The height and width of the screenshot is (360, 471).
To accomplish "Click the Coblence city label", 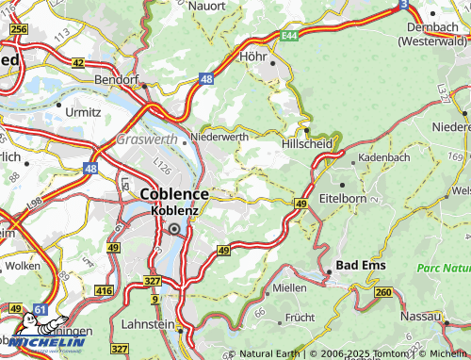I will click(x=174, y=193).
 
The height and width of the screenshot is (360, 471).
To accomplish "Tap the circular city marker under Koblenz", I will click(x=174, y=228).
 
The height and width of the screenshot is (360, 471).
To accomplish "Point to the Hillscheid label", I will click(x=307, y=144).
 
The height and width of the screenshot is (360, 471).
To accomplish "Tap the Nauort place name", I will click(x=206, y=6).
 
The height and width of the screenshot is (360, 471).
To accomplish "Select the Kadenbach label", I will click(x=383, y=157).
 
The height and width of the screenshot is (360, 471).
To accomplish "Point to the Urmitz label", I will click(x=85, y=111).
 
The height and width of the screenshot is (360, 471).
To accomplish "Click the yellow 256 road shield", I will click(x=18, y=30).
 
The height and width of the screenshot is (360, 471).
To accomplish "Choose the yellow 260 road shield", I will click(x=383, y=292).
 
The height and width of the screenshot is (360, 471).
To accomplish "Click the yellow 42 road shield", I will click(x=78, y=63).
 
